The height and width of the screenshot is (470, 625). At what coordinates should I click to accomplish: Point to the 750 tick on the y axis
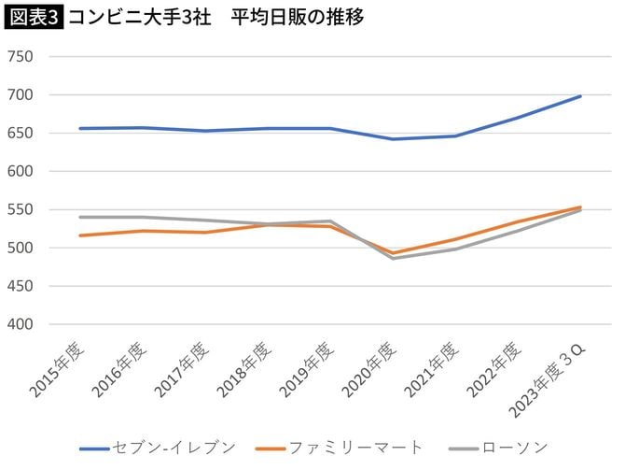point(21,57)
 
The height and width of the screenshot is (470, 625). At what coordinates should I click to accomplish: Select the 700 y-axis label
point(21,95)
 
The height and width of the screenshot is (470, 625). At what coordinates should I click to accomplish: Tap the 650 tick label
point(21,134)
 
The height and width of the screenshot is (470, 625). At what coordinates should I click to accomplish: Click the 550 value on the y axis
point(21,210)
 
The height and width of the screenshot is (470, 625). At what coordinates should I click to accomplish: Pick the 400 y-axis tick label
point(21,325)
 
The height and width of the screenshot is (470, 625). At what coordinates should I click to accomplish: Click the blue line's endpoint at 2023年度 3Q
point(580,96)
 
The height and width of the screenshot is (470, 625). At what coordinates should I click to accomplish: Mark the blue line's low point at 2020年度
point(393,139)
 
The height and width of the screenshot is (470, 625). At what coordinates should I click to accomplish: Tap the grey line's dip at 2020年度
point(393,258)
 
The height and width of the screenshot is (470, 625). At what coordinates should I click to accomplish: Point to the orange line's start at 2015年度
point(80,235)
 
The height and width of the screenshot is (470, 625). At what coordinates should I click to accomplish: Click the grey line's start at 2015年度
point(80,217)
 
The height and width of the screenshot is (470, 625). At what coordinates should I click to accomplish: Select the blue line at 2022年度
point(518,118)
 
